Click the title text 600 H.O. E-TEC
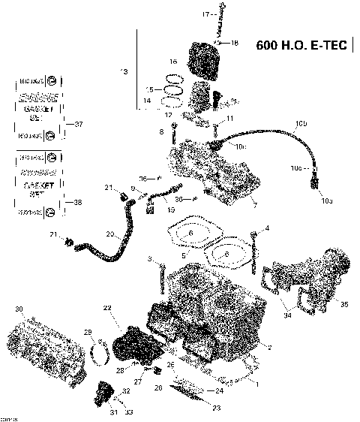tap(301, 44)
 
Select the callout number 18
tap(235, 44)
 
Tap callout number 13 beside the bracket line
tap(124, 71)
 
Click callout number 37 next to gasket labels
tap(79, 124)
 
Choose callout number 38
tap(79, 203)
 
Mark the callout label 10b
tap(301, 122)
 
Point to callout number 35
tap(344, 304)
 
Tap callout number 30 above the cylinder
tap(19, 309)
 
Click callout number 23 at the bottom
tap(216, 408)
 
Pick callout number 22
tap(107, 309)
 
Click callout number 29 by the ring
tap(87, 332)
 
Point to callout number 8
tap(160, 132)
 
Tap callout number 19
tap(171, 211)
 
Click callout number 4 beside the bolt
tap(266, 228)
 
